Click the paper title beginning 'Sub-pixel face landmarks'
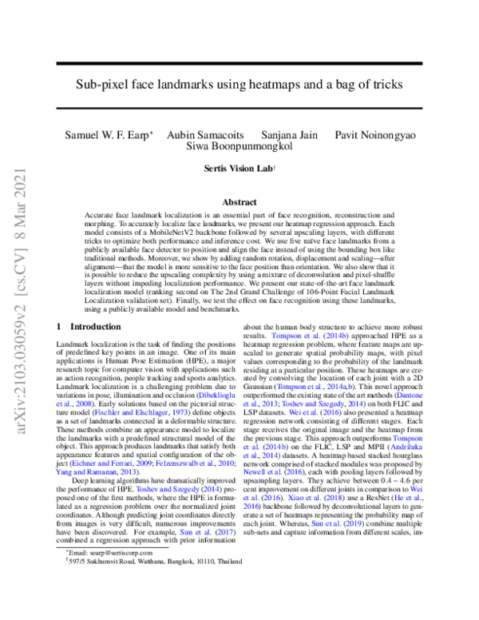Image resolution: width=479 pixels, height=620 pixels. pos(239,83)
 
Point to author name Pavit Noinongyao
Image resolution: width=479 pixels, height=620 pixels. pos(375,134)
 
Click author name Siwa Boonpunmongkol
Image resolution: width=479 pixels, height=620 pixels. pos(239,146)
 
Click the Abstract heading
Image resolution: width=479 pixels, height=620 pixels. pos(239,203)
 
